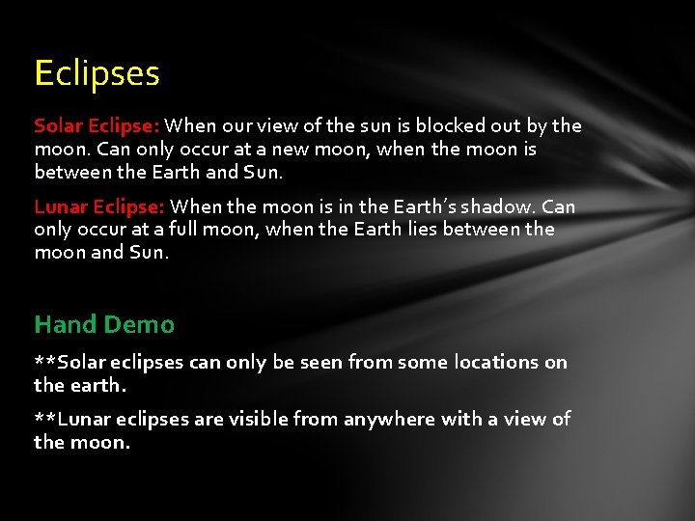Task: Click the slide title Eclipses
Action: click(x=97, y=73)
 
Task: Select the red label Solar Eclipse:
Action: click(x=97, y=126)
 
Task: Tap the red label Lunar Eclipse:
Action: click(x=99, y=206)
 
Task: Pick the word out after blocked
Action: click(x=501, y=126)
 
